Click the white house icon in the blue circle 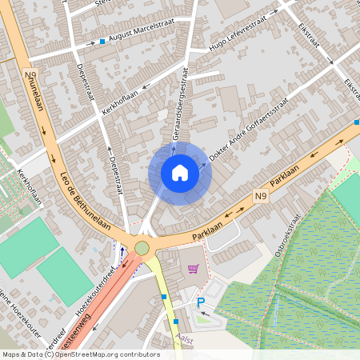[x=180, y=173]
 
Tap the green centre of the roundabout [x=142, y=248]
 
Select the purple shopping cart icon [x=192, y=270]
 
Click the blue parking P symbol [x=202, y=302]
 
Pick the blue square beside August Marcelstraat [x=102, y=41]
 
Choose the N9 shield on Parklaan [x=261, y=195]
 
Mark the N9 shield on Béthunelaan [x=31, y=76]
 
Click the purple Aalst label [x=186, y=339]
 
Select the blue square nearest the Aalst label [x=176, y=322]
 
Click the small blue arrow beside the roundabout [x=122, y=250]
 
